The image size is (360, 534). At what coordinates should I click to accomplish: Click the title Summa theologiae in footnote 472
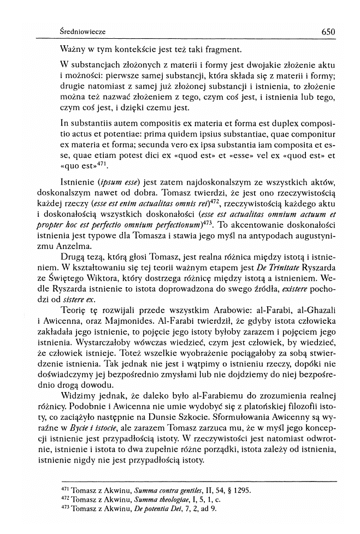click(157, 500)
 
